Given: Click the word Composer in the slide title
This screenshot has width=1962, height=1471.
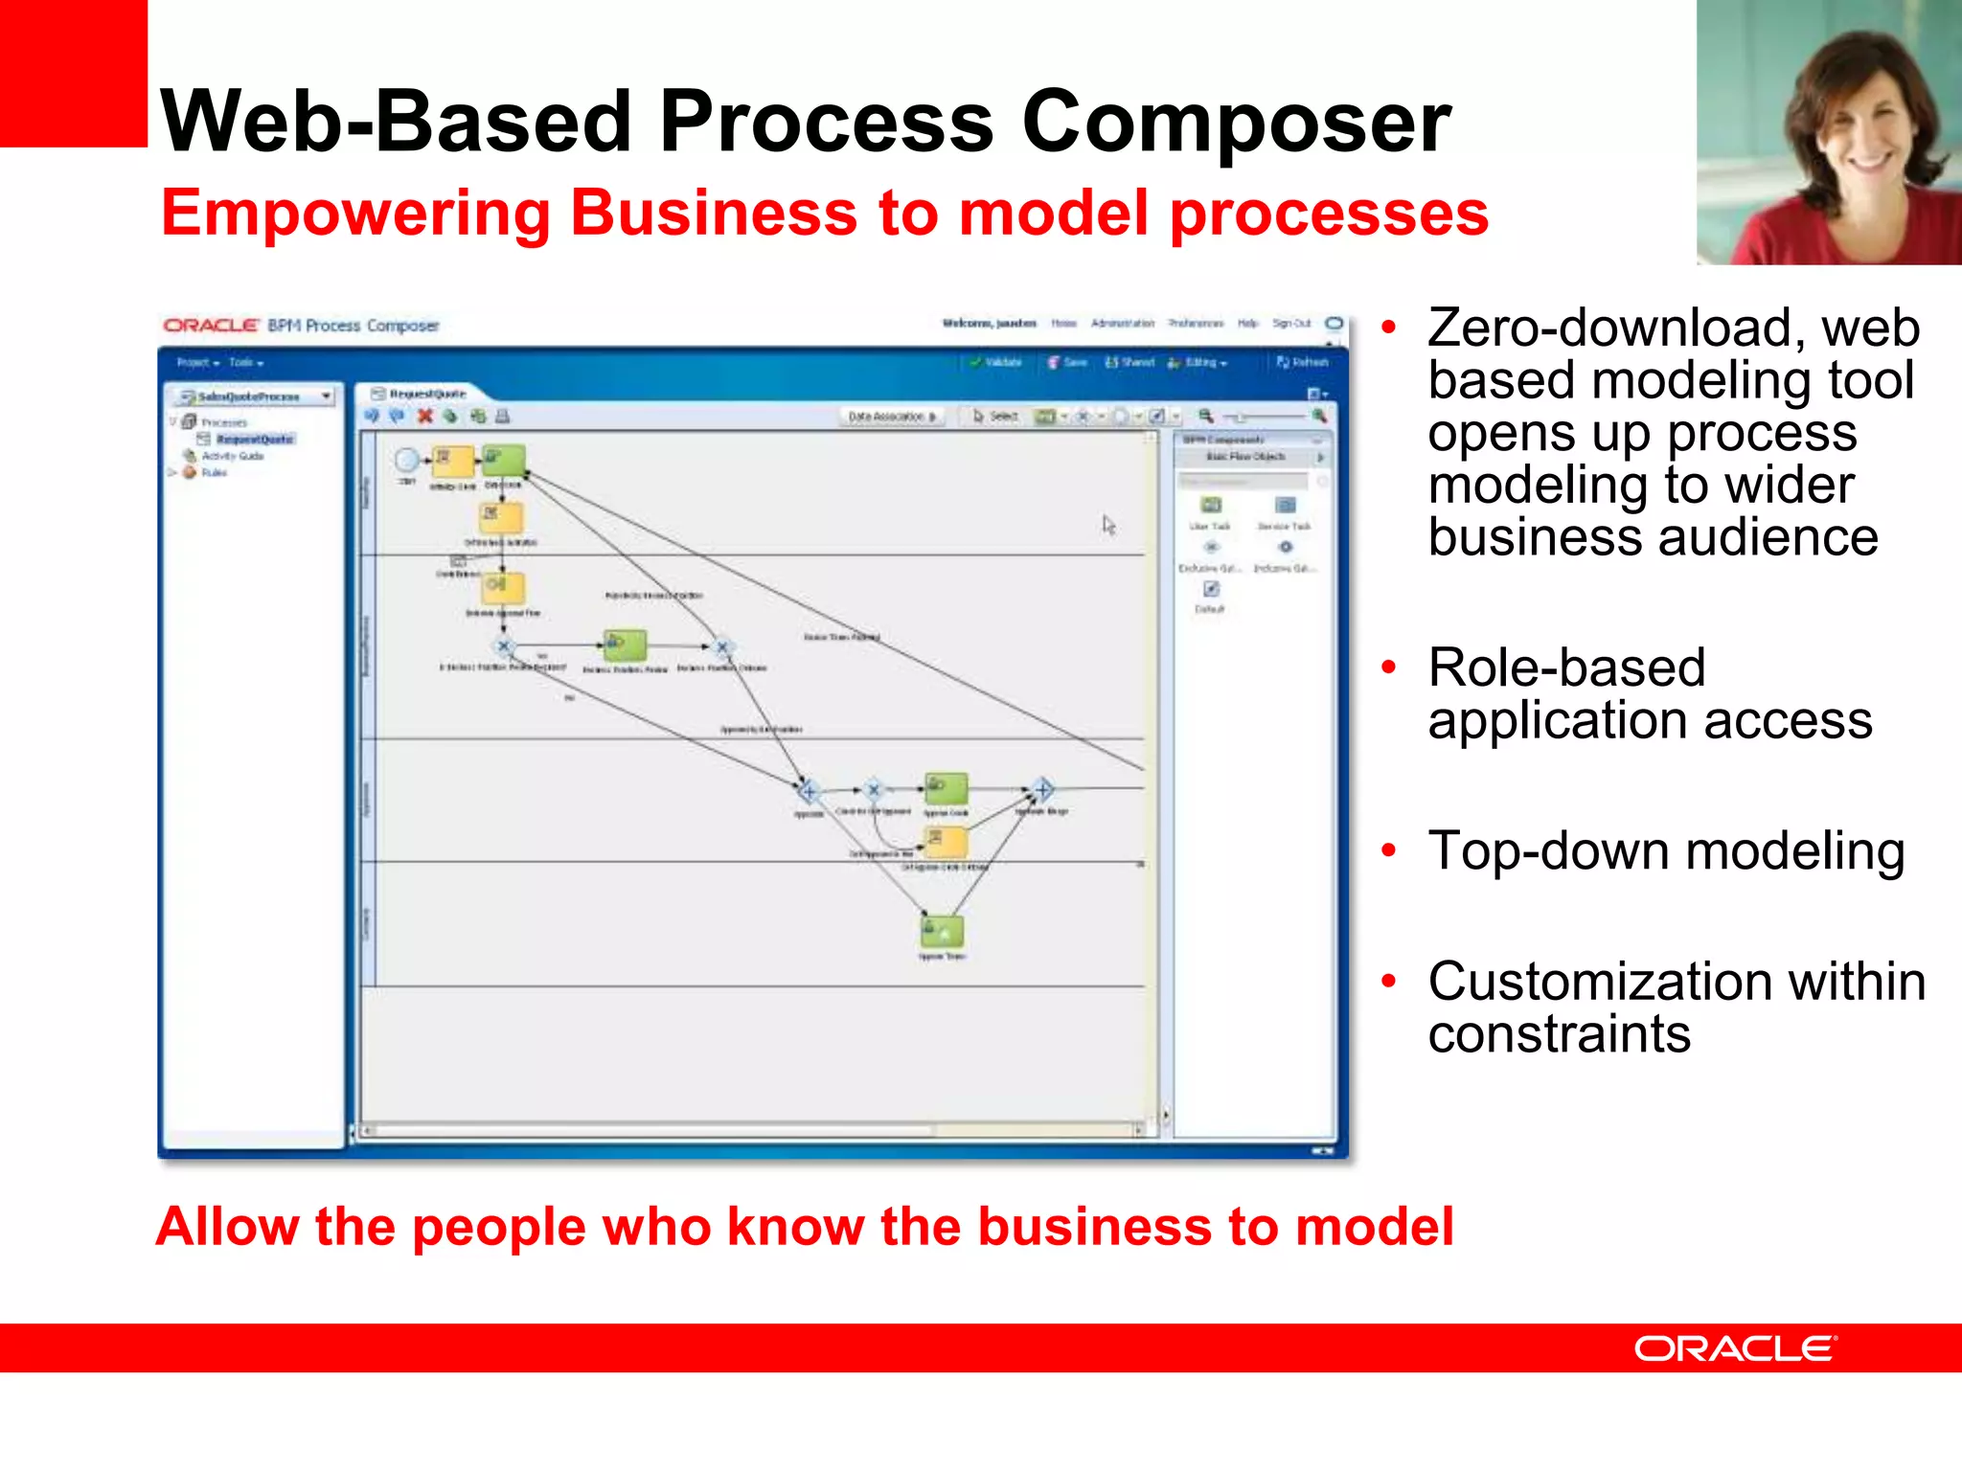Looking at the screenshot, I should pos(1236,123).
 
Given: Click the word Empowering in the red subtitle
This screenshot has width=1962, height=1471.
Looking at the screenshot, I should pos(354,213).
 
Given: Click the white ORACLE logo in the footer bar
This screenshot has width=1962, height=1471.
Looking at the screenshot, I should pos(1735,1348).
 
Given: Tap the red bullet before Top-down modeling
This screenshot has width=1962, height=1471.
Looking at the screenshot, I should pos(1389,849).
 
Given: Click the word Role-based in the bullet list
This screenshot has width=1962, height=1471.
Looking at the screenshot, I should pos(1566,668).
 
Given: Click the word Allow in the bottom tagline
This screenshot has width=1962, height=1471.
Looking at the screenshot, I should pos(228,1227).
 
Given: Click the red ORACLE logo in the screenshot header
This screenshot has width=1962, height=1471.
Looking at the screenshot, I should pos(211,326).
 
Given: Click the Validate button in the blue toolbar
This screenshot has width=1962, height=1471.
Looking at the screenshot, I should pos(996,363).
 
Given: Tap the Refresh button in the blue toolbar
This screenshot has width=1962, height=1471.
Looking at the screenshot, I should pos(1303,363).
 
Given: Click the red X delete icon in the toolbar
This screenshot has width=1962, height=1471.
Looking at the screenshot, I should pos(425,416).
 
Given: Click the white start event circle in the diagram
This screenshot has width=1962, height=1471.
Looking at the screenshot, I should pos(407,461).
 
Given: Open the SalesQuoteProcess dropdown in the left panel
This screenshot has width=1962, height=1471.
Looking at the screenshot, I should pos(327,396).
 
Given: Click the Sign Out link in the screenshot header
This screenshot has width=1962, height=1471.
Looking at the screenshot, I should pos(1290,324).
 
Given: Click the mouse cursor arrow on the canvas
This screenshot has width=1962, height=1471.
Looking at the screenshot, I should pos(1108,524).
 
